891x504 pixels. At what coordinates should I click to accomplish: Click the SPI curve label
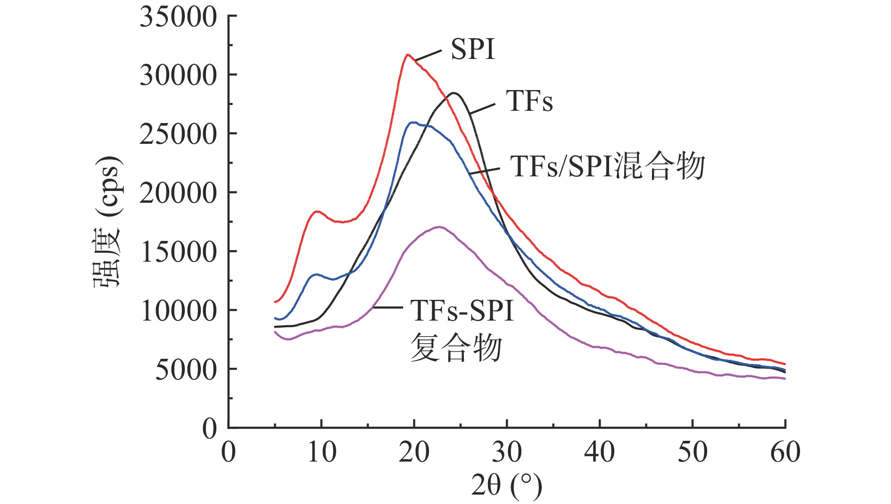[473, 49]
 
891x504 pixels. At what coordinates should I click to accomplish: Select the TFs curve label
[529, 101]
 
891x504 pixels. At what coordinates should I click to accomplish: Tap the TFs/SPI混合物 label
[607, 166]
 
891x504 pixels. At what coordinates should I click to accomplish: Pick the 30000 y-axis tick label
[178, 75]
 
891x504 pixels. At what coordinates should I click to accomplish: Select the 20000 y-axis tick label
[178, 193]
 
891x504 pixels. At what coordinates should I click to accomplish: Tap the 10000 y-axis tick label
[178, 311]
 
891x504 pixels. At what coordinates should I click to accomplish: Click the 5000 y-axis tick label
[186, 370]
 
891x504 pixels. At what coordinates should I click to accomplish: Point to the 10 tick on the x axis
[321, 452]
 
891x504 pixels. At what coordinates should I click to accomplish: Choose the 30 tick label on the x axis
[507, 452]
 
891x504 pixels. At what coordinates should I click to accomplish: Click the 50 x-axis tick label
[693, 452]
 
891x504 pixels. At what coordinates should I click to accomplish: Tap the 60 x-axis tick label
[785, 452]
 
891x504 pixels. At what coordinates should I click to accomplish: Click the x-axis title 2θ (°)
[507, 486]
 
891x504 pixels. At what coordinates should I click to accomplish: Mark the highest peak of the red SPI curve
[408, 55]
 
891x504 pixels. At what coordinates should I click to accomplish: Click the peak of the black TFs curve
[454, 93]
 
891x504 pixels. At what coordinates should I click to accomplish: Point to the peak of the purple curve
[439, 227]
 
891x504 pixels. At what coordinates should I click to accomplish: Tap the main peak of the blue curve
[413, 123]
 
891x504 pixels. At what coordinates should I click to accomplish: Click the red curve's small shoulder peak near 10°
[317, 212]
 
